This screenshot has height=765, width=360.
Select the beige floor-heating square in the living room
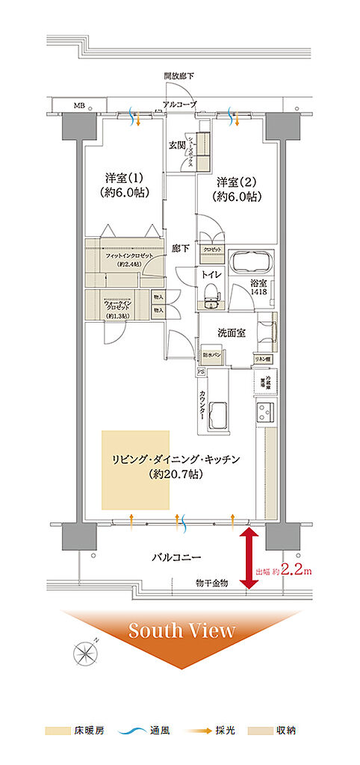[136, 469]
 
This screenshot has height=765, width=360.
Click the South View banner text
[181, 631]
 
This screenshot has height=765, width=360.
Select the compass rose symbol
[86, 654]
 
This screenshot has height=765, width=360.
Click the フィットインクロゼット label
[128, 256]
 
